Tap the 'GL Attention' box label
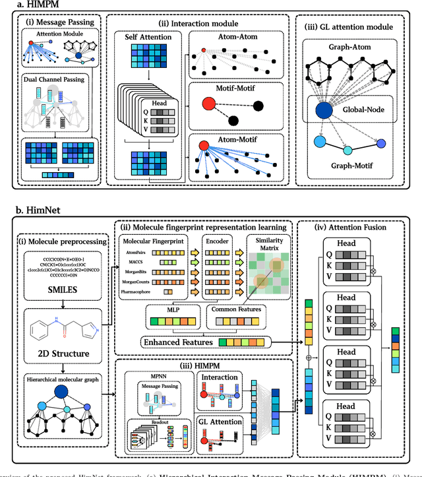coord(220,421)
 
